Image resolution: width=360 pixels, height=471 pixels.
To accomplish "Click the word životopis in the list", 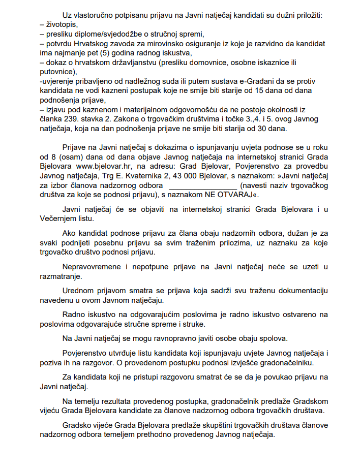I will click(64, 23).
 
